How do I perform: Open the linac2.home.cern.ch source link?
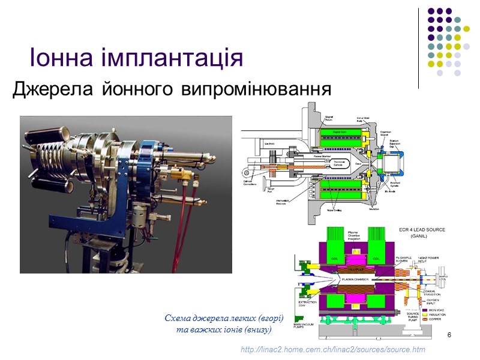332,349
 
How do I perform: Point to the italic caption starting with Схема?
223,324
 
